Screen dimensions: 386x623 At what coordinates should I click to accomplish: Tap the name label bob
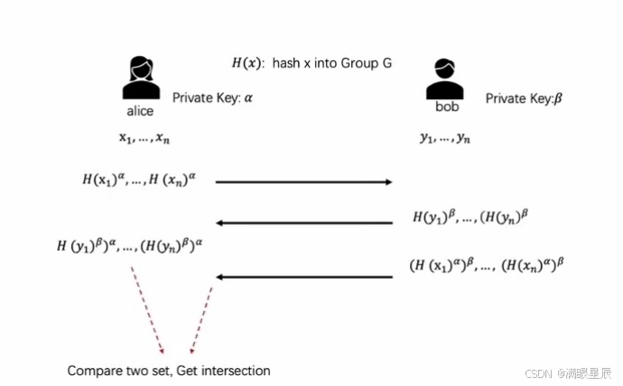(448, 106)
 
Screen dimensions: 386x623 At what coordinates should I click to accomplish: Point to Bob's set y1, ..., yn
(444, 138)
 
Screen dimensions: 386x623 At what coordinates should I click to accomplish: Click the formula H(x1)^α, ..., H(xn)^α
(144, 180)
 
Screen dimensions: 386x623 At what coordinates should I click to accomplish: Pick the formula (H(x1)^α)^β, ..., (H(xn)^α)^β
(486, 265)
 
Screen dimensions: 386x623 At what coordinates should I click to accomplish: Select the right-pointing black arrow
(304, 182)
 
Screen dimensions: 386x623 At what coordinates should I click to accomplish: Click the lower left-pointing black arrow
(304, 277)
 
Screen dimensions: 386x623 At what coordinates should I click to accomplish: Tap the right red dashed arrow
(200, 320)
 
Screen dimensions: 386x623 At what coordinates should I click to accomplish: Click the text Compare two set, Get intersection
(168, 371)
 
